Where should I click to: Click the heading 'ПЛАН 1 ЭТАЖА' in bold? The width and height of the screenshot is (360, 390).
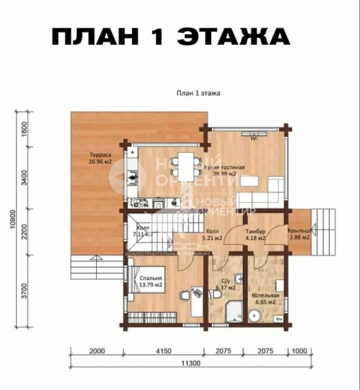pos(170,37)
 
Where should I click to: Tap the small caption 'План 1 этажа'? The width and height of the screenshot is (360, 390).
pos(198,93)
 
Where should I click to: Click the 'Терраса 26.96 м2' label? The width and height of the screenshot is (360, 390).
pos(100,159)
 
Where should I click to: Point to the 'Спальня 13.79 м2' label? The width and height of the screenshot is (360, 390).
pos(151,281)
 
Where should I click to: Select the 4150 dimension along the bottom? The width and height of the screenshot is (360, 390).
pos(162,351)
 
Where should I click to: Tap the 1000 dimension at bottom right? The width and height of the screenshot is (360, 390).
pos(299,351)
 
